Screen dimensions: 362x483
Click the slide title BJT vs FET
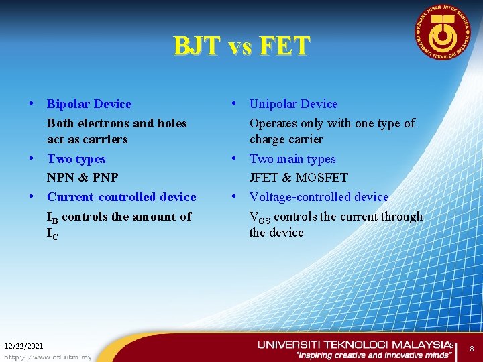coord(241,46)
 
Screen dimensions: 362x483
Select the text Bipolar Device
coord(89,104)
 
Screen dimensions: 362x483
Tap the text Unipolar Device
coord(293,104)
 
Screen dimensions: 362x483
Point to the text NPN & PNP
coord(83,178)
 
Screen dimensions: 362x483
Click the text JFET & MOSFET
coord(299,178)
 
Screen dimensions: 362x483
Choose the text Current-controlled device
coord(121,197)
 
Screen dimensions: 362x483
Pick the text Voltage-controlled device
coord(319,197)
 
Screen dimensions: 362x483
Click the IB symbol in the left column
coord(52,217)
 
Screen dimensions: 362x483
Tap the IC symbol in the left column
coord(52,234)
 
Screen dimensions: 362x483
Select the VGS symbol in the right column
coord(260,217)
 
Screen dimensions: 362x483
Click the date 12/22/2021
coord(23,346)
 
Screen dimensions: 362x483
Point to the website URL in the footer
coord(47,357)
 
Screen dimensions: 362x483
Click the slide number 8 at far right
coord(472,349)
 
